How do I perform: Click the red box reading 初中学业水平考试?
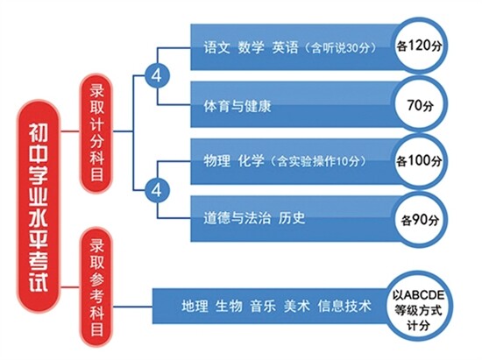pyautogui.click(x=39, y=207)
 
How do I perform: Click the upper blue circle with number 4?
pyautogui.click(x=157, y=75)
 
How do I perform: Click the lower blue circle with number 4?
pyautogui.click(x=157, y=190)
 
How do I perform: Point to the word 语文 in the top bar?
pyautogui.click(x=216, y=48)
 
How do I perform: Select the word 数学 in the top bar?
pyautogui.click(x=252, y=48)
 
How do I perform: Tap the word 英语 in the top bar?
pyautogui.click(x=286, y=48)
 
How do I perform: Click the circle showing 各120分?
pyautogui.click(x=419, y=46)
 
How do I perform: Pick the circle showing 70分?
pyautogui.click(x=420, y=104)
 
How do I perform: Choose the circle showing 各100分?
pyautogui.click(x=419, y=161)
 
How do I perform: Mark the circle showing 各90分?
pyautogui.click(x=420, y=219)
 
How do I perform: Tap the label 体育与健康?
pyautogui.click(x=237, y=106)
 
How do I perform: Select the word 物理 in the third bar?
pyautogui.click(x=216, y=161)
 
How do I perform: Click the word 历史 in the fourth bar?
pyautogui.click(x=292, y=218)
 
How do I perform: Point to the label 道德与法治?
pyautogui.click(x=237, y=218)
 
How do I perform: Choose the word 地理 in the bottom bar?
pyautogui.click(x=195, y=306)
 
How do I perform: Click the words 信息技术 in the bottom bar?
pyautogui.click(x=344, y=306)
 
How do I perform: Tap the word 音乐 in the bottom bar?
pyautogui.click(x=263, y=306)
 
